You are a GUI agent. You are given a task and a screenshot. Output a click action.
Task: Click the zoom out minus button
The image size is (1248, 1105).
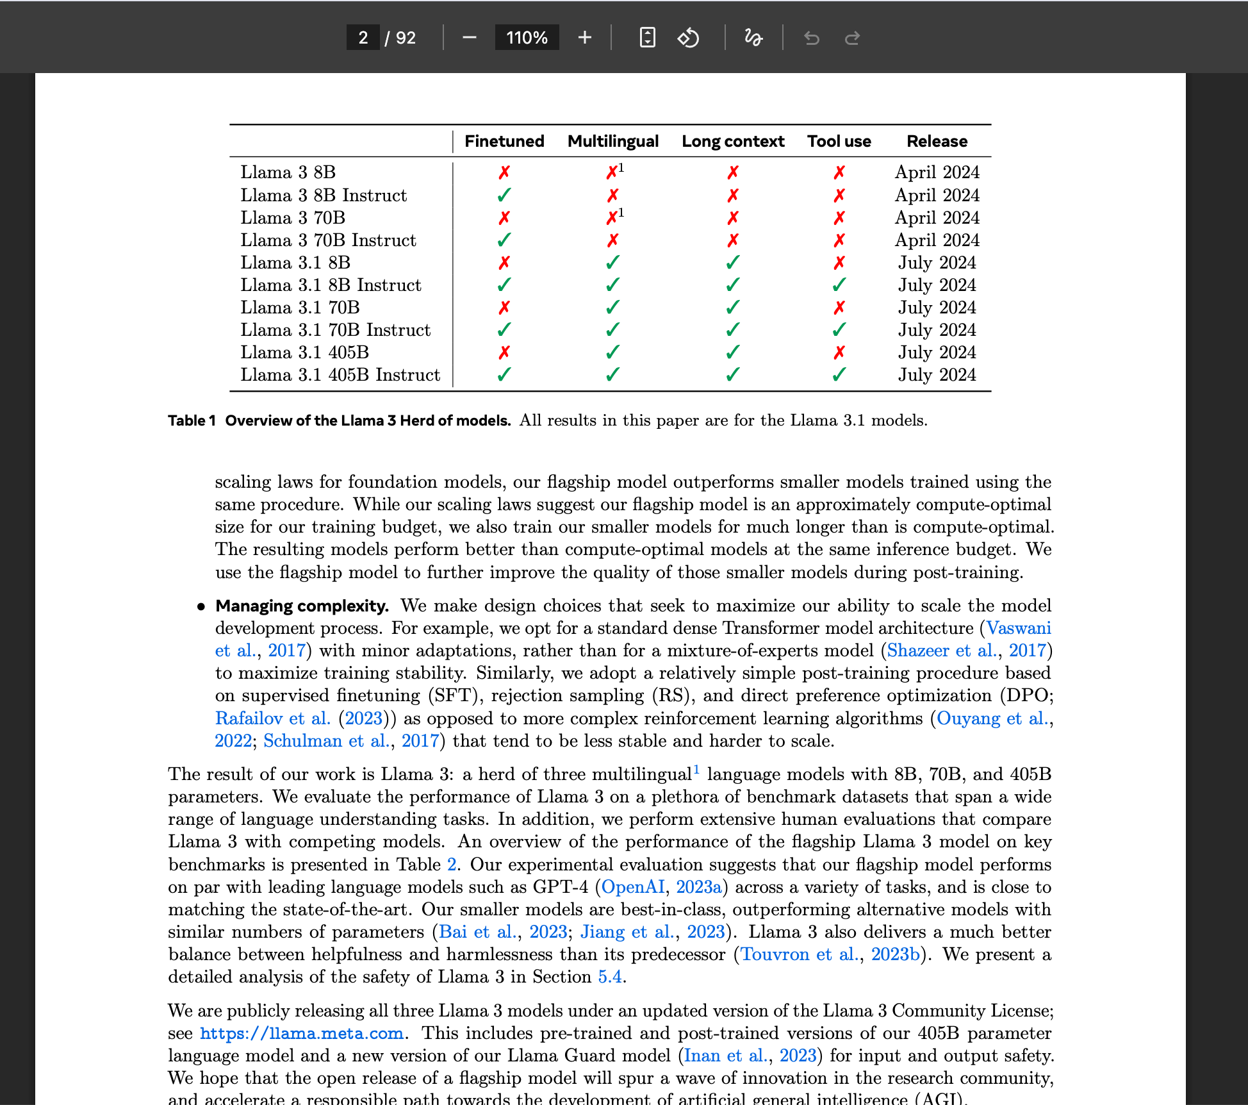(x=469, y=38)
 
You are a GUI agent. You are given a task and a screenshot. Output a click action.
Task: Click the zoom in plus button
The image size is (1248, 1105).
(x=584, y=38)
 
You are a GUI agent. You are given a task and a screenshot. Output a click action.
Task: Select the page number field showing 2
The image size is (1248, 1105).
(x=363, y=38)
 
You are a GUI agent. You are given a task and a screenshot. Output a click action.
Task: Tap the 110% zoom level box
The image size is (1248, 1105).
(x=527, y=38)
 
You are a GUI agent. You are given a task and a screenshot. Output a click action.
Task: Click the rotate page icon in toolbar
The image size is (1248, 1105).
(x=688, y=38)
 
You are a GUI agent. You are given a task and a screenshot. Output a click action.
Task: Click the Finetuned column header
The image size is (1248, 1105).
(x=504, y=141)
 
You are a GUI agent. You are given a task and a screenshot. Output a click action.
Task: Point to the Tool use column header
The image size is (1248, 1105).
(x=839, y=141)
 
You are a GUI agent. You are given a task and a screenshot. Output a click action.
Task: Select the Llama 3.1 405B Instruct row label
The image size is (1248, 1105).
(x=340, y=375)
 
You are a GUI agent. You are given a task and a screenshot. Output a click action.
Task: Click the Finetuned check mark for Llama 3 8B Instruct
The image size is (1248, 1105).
(x=504, y=195)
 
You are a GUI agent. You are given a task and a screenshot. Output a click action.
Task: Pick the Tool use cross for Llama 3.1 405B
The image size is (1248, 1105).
(x=839, y=353)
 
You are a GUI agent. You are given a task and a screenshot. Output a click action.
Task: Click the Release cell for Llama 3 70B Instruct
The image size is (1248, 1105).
(x=937, y=240)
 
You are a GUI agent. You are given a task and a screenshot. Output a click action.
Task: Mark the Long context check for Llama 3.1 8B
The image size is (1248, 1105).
(x=733, y=263)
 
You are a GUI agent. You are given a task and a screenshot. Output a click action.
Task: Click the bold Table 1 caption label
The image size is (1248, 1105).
(x=191, y=420)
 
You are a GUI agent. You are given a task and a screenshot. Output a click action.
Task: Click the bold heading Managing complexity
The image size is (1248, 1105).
(x=302, y=606)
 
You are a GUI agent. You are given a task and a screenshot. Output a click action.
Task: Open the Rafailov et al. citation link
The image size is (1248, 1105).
(x=272, y=719)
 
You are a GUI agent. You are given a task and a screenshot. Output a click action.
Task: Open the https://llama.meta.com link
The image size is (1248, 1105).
(x=302, y=1033)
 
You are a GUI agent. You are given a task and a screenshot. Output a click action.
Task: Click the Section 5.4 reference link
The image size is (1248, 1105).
(x=609, y=977)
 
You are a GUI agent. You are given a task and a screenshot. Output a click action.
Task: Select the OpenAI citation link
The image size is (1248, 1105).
(x=632, y=887)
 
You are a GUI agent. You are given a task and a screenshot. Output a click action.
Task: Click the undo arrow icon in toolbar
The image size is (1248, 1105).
(x=812, y=38)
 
